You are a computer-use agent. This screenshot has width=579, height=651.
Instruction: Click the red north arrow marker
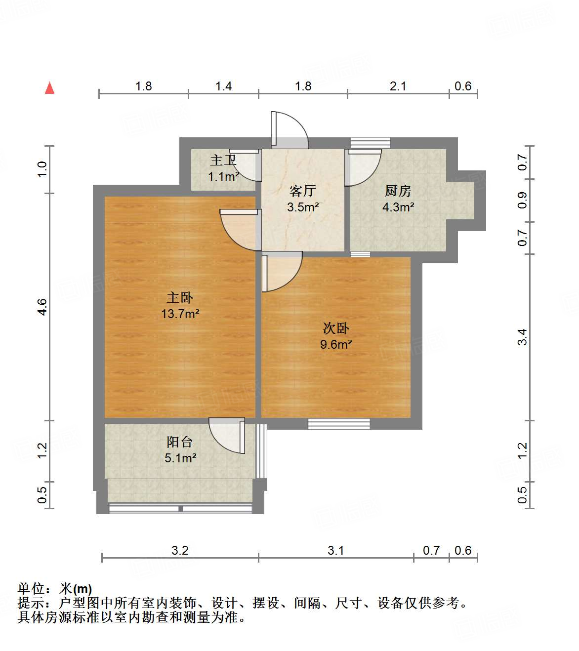(x=49, y=88)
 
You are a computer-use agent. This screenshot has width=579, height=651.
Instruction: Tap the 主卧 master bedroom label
(x=180, y=297)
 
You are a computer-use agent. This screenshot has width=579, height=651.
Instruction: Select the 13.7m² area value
(x=180, y=314)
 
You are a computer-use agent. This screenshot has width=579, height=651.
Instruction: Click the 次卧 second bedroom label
(x=336, y=328)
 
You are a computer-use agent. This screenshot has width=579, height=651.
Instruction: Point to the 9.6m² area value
(x=336, y=344)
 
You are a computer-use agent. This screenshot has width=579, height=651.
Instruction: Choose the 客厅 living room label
(x=302, y=191)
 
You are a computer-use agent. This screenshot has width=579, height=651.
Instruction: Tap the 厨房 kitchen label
(x=398, y=191)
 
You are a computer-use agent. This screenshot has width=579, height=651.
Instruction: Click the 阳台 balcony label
(x=180, y=442)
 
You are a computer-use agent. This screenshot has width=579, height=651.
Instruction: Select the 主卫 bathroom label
(x=223, y=160)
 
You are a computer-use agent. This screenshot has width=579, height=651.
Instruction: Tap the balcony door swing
(x=227, y=435)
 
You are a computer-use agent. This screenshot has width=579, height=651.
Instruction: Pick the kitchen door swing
(x=363, y=168)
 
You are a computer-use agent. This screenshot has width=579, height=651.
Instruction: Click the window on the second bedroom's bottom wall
(x=339, y=423)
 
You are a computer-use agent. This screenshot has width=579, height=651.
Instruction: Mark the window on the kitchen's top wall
(x=370, y=143)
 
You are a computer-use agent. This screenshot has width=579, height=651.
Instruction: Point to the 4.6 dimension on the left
(x=42, y=307)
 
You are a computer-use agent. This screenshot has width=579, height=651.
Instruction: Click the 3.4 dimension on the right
(x=522, y=337)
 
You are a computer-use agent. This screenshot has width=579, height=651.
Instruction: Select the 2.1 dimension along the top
(x=398, y=86)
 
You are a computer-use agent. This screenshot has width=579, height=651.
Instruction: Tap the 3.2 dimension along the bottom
(x=180, y=550)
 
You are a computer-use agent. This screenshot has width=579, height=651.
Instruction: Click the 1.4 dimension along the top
(x=223, y=86)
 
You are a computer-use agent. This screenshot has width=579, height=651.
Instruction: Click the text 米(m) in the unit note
(x=76, y=589)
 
